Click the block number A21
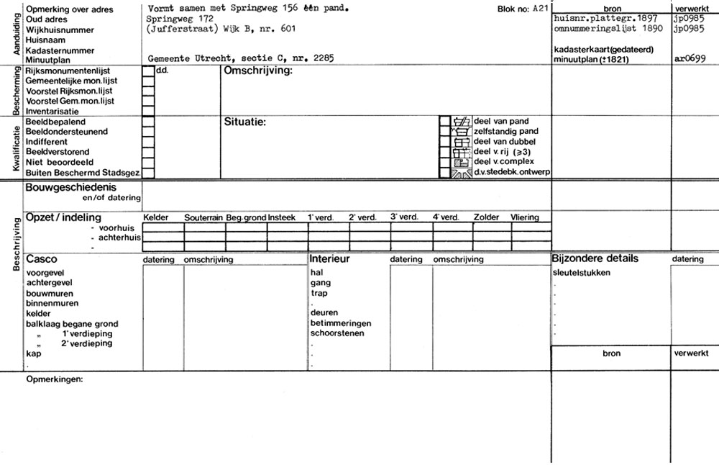click(x=531, y=9)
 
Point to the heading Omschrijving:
click(x=257, y=71)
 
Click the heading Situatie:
click(x=245, y=122)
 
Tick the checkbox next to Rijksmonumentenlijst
click(x=148, y=71)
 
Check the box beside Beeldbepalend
click(x=148, y=122)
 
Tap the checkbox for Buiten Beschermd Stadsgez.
click(x=148, y=173)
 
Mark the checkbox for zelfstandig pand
click(x=444, y=132)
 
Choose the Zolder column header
click(x=486, y=217)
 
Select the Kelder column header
click(x=156, y=217)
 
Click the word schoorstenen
click(x=336, y=333)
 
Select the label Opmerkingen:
click(x=54, y=379)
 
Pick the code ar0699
click(x=688, y=60)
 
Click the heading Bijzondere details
click(x=595, y=258)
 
